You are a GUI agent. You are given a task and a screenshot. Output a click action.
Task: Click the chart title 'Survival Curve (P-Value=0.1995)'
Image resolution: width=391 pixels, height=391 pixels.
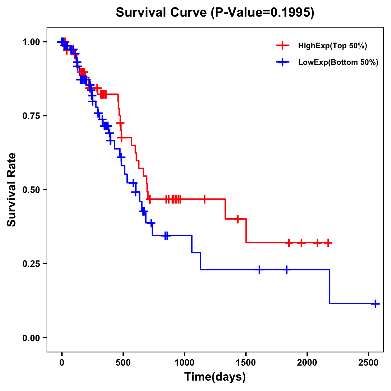(x=215, y=13)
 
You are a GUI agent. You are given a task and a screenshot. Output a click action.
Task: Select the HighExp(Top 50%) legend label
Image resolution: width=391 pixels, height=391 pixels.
(x=332, y=46)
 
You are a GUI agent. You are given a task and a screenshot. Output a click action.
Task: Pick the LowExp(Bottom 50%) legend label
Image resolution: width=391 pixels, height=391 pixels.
(x=338, y=63)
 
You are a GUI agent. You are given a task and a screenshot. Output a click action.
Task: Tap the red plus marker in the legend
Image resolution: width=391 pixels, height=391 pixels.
(x=283, y=46)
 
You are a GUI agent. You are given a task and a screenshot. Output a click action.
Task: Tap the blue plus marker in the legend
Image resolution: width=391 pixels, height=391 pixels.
(x=283, y=63)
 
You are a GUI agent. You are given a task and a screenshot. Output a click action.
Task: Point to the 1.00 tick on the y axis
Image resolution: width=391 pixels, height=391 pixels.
(x=31, y=42)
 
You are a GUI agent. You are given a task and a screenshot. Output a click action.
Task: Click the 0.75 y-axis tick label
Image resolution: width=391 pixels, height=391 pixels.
(x=31, y=116)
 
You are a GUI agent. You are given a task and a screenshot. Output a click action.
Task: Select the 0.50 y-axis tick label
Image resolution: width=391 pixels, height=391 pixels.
(x=31, y=190)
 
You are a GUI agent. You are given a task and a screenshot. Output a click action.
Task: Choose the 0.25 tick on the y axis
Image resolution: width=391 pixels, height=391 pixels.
(x=31, y=264)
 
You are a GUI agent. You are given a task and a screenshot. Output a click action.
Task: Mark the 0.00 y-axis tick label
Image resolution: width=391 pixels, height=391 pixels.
(x=31, y=338)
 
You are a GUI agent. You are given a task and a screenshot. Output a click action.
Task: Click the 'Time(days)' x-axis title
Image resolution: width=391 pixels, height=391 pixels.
(x=215, y=377)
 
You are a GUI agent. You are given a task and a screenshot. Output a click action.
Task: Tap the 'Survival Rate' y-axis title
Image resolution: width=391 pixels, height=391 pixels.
(x=12, y=190)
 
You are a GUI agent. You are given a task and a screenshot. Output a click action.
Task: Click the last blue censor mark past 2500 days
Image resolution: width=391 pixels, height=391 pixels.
(x=375, y=304)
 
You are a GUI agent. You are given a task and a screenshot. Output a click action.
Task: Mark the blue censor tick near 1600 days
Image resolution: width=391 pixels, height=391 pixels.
(x=259, y=269)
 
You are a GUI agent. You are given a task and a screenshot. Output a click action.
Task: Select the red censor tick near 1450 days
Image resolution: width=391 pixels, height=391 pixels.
(x=238, y=219)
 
